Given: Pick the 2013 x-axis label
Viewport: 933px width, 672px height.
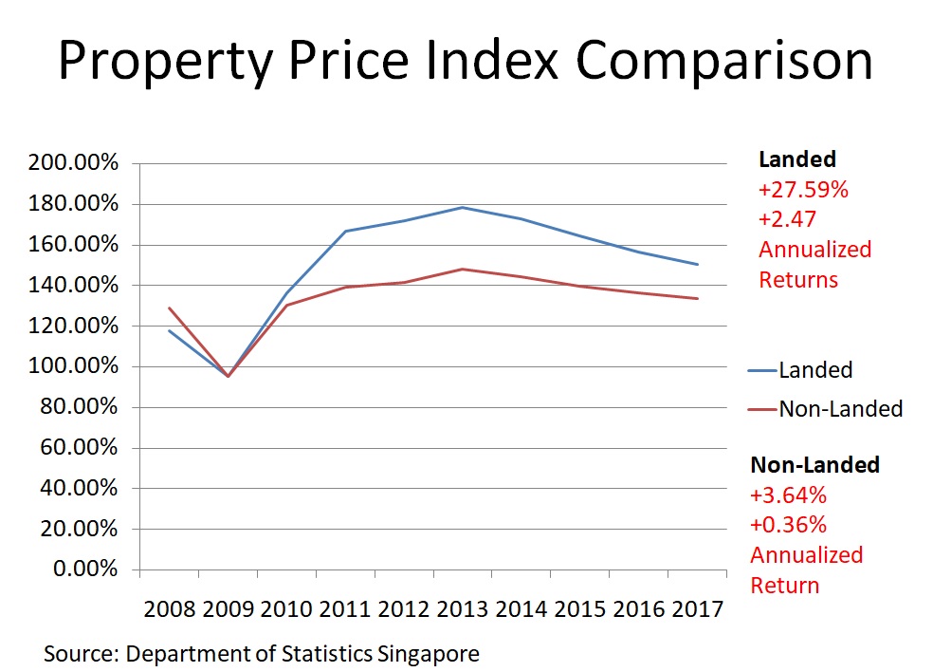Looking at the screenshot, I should point(463,607).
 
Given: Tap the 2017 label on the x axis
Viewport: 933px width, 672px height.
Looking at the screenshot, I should point(698,607).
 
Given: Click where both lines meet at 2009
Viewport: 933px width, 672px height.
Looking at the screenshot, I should point(228,376).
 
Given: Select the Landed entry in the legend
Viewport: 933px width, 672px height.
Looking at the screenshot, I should point(815,370).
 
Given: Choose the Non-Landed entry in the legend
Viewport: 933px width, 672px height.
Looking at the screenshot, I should point(840,409).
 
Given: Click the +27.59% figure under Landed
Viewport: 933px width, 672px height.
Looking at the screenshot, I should point(803,190).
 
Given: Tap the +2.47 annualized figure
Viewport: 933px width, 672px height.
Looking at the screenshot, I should point(787,219).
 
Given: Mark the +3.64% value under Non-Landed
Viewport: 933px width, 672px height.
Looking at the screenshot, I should point(789,495).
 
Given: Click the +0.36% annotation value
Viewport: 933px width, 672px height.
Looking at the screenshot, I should point(789,525).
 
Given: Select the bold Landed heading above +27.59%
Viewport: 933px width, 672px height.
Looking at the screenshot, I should point(796,159).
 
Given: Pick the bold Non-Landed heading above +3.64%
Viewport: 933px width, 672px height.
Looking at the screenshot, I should point(815,465).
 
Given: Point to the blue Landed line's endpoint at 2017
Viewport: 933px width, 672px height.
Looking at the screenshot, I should point(698,265).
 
